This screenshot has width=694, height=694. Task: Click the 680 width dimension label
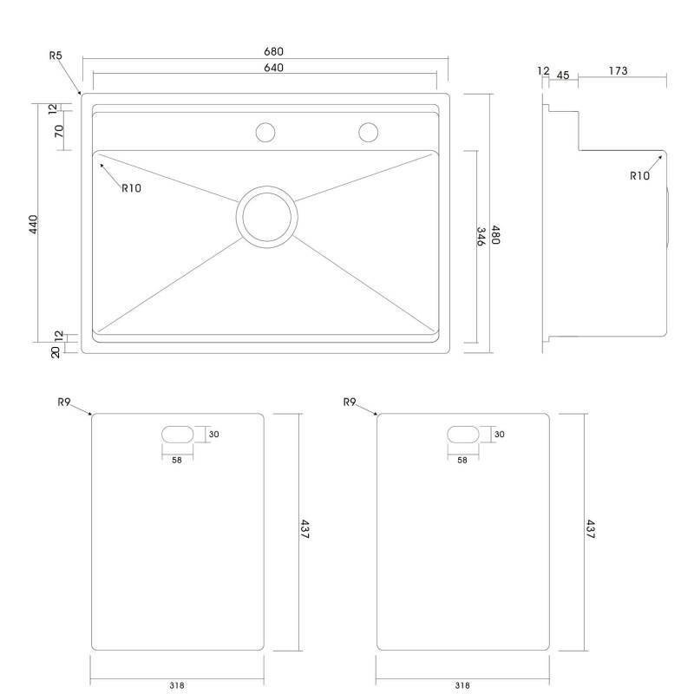273,51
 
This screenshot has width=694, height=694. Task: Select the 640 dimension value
273,68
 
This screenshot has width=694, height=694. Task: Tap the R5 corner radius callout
56,56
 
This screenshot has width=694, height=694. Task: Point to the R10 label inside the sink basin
132,188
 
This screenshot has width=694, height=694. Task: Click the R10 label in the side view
639,176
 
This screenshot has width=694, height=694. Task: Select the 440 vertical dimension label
34,224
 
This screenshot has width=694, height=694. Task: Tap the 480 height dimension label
495,234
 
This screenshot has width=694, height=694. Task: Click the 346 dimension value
481,236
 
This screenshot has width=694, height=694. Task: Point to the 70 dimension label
59,131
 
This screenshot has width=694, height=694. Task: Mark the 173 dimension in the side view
618,71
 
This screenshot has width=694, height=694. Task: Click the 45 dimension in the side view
562,75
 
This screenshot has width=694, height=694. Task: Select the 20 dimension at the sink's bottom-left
56,352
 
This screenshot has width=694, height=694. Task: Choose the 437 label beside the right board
591,529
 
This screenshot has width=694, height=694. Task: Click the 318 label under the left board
177,685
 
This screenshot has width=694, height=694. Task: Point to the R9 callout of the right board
350,402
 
